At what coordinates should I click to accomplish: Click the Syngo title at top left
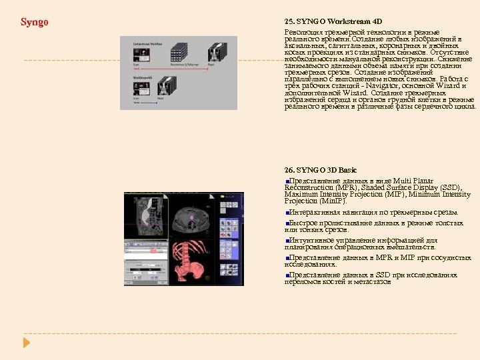(35, 23)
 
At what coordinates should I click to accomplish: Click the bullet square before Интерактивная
(287, 213)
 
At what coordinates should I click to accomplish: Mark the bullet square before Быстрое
(287, 223)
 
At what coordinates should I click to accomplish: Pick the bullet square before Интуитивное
(287, 240)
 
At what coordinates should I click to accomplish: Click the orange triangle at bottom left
(27, 342)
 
